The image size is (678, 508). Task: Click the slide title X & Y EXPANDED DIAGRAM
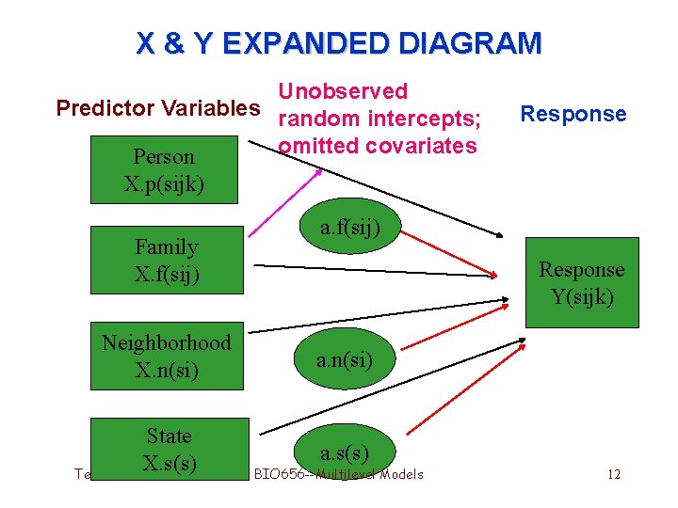[339, 43]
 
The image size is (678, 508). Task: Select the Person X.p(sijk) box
[164, 169]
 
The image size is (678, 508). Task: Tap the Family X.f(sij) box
[167, 261]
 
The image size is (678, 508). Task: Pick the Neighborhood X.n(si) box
[167, 356]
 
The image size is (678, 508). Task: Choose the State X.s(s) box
[169, 450]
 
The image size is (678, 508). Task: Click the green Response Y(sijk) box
[581, 282]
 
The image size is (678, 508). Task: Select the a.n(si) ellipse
[345, 358]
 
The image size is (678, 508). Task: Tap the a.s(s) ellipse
[344, 452]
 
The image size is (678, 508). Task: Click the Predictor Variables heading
[157, 107]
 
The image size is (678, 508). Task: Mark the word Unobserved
[343, 91]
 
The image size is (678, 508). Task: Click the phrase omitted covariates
[378, 146]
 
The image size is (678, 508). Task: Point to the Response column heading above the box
[573, 114]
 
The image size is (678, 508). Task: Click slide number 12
[614, 474]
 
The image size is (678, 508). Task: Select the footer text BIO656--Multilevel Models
[339, 474]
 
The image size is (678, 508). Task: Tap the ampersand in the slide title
[176, 43]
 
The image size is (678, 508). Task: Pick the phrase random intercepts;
[381, 119]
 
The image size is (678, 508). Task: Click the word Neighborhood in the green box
[167, 342]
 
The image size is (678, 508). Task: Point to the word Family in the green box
[167, 247]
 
